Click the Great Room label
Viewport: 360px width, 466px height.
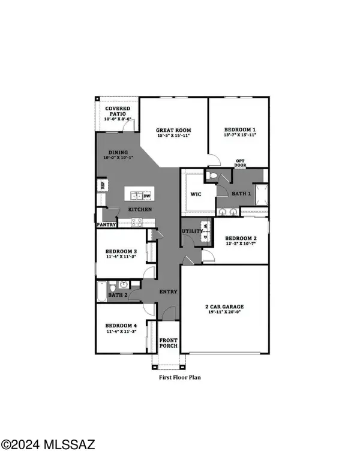click(173, 130)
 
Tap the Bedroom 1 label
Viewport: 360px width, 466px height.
click(240, 130)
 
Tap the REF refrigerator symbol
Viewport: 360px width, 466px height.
click(103, 186)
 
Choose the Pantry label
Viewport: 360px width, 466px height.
click(106, 226)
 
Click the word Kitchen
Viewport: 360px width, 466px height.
click(139, 209)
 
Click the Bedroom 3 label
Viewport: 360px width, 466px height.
click(122, 251)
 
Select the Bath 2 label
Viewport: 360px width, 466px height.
click(118, 295)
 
